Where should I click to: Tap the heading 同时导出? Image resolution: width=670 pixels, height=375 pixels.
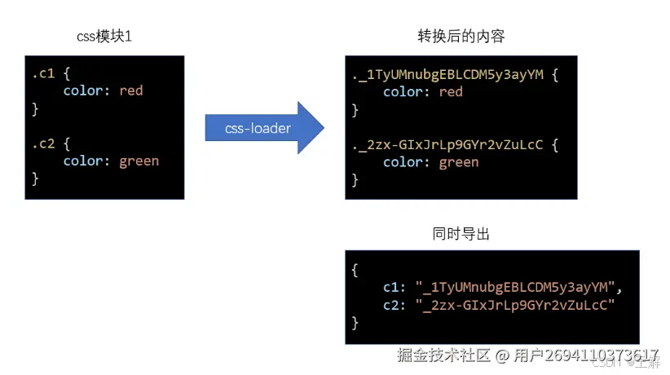click(x=461, y=234)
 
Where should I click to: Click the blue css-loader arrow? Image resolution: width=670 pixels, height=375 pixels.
click(x=262, y=128)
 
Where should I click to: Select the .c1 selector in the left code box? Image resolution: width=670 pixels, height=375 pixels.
click(x=43, y=73)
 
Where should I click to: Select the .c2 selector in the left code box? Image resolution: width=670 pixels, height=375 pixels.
click(x=44, y=143)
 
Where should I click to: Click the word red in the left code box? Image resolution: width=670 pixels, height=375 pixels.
click(x=130, y=90)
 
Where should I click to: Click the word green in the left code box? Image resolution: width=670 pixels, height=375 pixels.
click(x=139, y=161)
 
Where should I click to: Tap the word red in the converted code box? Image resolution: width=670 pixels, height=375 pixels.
click(x=451, y=91)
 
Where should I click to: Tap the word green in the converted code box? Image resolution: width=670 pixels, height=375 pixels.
click(x=459, y=162)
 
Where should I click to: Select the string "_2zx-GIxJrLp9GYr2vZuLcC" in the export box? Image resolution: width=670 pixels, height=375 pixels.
click(x=518, y=304)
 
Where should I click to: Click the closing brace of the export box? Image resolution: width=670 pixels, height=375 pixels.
click(x=355, y=322)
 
